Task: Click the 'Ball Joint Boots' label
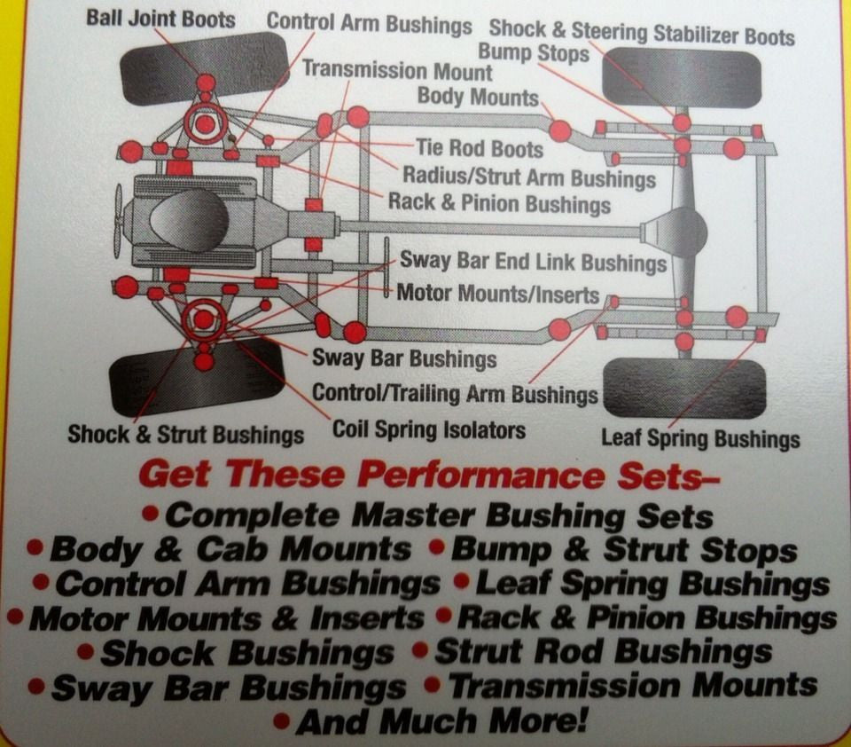(160, 19)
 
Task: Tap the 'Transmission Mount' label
(397, 70)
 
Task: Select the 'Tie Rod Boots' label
(480, 148)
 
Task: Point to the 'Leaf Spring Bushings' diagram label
(700, 438)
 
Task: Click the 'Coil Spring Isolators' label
(429, 429)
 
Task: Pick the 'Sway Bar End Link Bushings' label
(533, 262)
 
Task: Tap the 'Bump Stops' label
(534, 53)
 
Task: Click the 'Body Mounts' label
(478, 97)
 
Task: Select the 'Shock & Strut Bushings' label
(185, 435)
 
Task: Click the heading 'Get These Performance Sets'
(429, 475)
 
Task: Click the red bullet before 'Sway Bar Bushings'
(36, 686)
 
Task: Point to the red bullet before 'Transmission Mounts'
(433, 685)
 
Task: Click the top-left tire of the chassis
(203, 68)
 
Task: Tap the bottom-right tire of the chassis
(685, 388)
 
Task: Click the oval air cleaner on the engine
(189, 215)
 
